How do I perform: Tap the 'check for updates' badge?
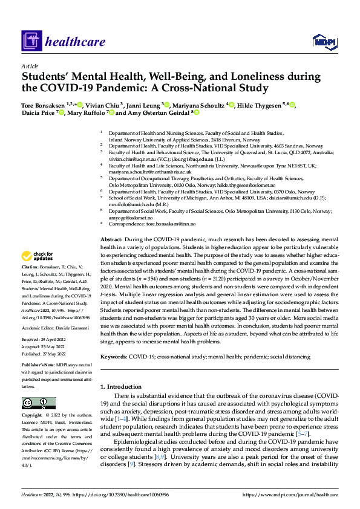click(37, 273)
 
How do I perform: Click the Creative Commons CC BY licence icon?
click(38, 403)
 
